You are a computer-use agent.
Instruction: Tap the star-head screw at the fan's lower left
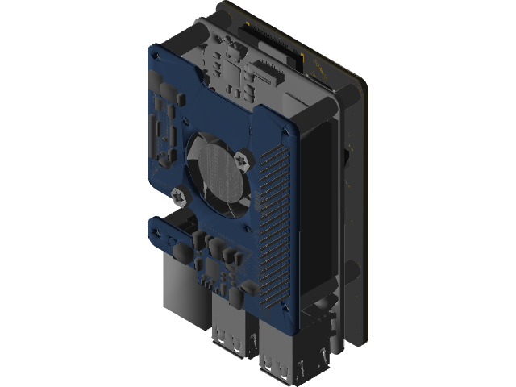pyautogui.click(x=177, y=193)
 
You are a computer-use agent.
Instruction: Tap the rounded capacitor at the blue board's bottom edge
pyautogui.click(x=234, y=298)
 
